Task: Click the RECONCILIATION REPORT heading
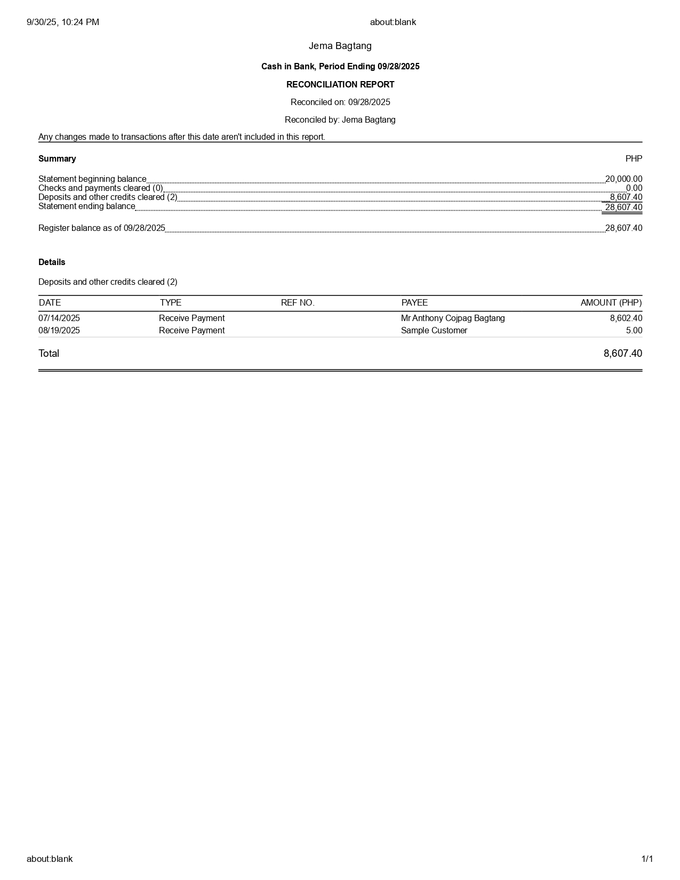340,84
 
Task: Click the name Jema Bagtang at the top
340,46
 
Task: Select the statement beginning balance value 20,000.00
623,179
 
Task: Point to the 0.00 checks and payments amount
634,188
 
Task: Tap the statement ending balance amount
623,207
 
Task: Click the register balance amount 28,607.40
623,228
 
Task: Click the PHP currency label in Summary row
634,159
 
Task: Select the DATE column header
50,303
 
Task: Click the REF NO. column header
298,303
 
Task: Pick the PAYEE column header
414,303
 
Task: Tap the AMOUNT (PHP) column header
611,303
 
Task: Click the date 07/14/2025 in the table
59,318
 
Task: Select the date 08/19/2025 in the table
59,331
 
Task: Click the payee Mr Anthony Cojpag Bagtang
453,318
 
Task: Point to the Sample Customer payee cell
434,331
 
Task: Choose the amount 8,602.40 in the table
626,318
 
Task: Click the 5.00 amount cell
634,331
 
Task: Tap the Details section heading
52,262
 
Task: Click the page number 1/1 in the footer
647,859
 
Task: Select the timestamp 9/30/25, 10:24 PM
63,22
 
